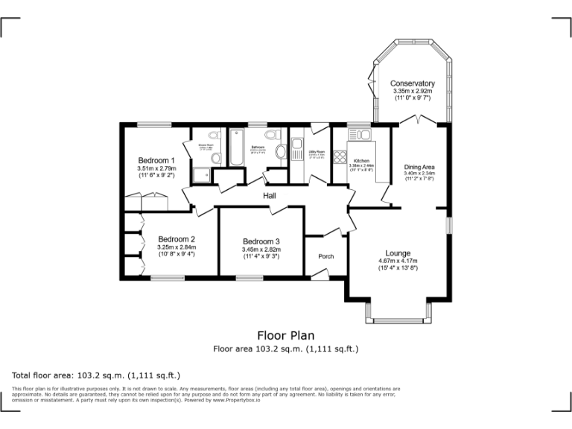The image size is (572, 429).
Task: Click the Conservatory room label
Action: coord(412,83)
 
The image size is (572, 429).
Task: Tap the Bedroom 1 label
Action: coord(156,160)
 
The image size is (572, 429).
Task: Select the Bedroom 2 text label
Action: coord(176,239)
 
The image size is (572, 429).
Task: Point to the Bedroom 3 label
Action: coord(261,241)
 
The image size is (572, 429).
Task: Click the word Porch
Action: coord(325,256)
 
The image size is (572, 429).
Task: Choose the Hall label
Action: coord(270,196)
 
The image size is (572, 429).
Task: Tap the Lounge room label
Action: coord(398,253)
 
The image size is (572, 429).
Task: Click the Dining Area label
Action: coord(419,166)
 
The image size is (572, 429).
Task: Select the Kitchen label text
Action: coord(361,161)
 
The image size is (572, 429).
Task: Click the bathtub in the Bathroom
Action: coord(237,148)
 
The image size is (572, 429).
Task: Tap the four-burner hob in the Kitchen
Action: coord(339,157)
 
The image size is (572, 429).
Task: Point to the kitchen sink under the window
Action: coord(360,134)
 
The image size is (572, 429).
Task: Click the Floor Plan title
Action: coord(285,335)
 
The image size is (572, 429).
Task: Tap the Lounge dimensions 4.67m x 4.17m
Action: coord(398,261)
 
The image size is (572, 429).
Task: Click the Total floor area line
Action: coord(96,375)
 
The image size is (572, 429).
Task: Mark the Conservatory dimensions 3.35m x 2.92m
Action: coord(412,92)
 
